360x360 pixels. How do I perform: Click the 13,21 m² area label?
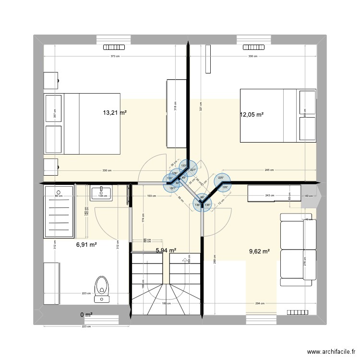[115, 113]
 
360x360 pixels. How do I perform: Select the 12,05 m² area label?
[252, 115]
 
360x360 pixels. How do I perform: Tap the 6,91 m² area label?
[86, 244]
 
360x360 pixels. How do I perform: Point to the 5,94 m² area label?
[166, 250]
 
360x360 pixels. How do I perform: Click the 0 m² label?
[86, 315]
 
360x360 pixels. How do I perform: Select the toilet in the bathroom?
[102, 288]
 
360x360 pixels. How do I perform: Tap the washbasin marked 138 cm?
[101, 193]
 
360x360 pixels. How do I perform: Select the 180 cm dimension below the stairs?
[166, 304]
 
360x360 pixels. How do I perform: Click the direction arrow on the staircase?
[185, 260]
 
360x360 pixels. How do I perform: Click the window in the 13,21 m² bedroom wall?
[115, 48]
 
